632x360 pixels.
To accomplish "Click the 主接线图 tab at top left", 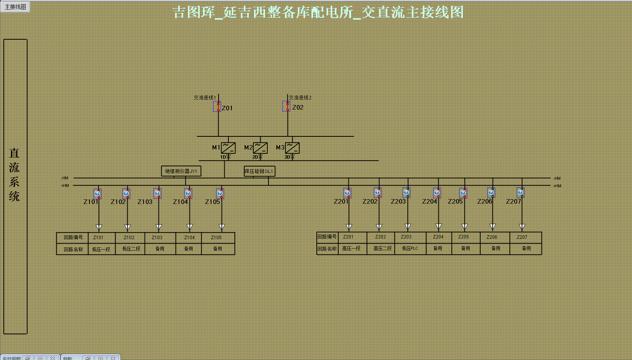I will click(15, 7).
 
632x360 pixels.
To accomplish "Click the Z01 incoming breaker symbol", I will click(217, 107).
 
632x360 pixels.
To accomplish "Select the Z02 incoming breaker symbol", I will click(287, 106).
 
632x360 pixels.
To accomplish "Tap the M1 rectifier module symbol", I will click(228, 148).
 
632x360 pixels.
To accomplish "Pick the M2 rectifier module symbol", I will click(260, 148).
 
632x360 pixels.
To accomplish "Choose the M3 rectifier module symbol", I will click(292, 148).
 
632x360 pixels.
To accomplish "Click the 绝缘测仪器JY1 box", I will click(181, 171).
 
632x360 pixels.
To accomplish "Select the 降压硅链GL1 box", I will click(259, 171).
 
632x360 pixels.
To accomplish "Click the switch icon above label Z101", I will click(97, 194).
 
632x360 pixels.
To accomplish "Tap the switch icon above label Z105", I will click(220, 194).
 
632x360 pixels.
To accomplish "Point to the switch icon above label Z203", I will click(406, 193).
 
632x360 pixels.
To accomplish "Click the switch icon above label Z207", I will click(521, 193).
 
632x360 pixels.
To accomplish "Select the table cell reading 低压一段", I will click(101, 249).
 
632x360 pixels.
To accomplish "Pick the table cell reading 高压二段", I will click(382, 249).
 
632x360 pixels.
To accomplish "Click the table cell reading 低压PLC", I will click(410, 249).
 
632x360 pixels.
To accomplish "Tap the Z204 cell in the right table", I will click(438, 237).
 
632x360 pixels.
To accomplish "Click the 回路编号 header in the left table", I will click(73, 238).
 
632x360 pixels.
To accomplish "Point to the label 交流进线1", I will click(205, 97).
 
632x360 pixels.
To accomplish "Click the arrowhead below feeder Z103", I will click(159, 227).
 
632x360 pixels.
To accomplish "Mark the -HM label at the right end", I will click(557, 178).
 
